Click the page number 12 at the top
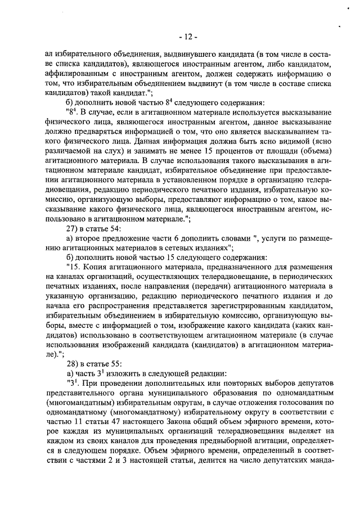(186, 37)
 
